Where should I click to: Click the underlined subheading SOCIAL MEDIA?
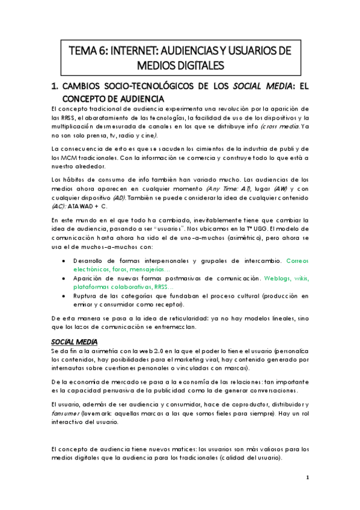coord(70,342)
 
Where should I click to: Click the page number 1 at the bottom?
coord(307,478)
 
